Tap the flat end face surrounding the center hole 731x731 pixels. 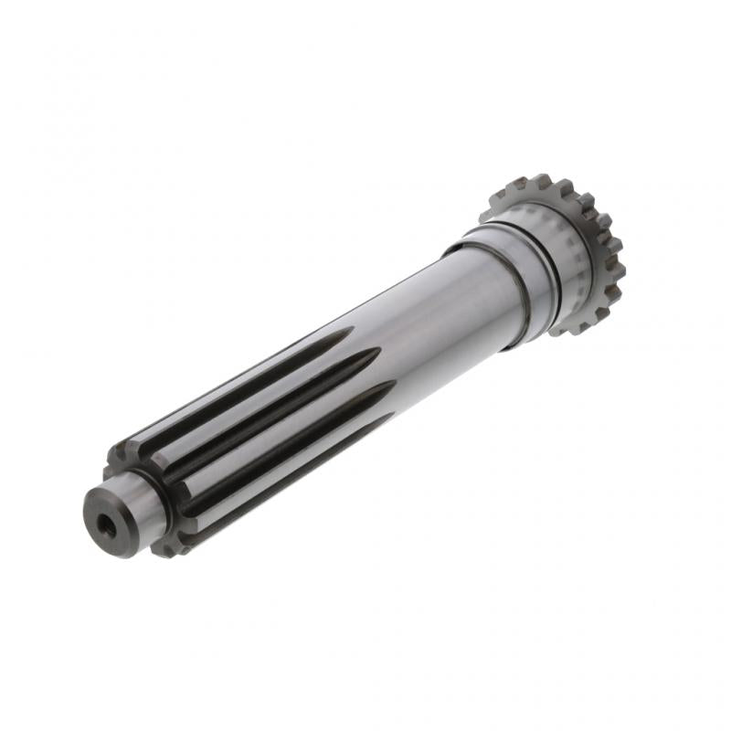[98, 508]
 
